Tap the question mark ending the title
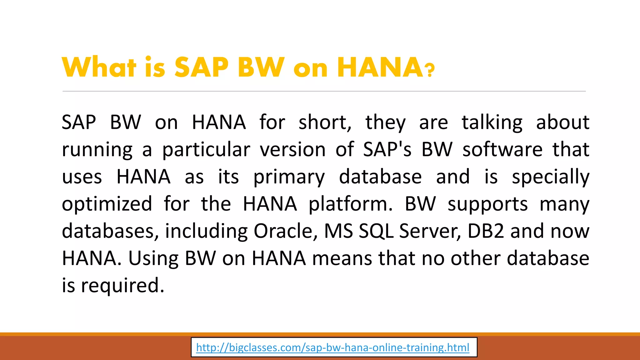[430, 70]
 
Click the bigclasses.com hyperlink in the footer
[332, 347]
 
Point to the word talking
[492, 122]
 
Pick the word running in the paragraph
[97, 150]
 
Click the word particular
[206, 150]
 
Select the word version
[293, 150]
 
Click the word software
[502, 149]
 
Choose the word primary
[289, 177]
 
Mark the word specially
[550, 177]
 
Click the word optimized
[107, 204]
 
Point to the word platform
[350, 204]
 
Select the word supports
[487, 204]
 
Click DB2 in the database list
[486, 231]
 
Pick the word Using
[153, 258]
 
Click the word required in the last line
[122, 285]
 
